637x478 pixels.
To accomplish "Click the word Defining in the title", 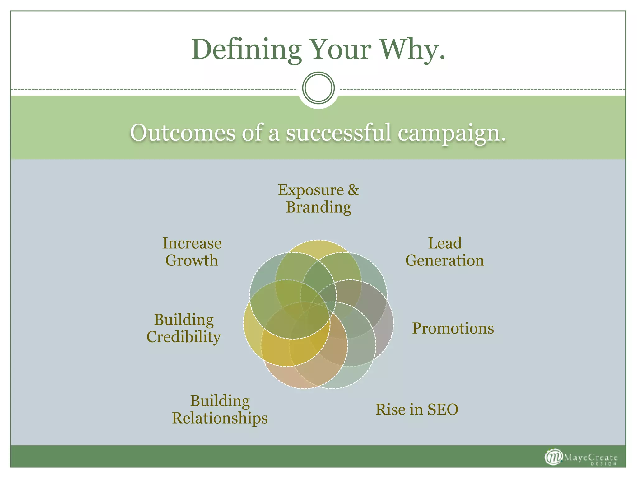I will coord(246,50).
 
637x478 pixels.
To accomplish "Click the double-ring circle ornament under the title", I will coord(318,88).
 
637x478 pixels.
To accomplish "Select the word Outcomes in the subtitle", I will coord(183,133).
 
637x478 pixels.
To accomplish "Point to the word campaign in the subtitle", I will coord(452,133).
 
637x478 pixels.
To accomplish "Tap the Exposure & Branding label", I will coord(318,199).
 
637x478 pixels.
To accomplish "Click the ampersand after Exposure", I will coord(353,190).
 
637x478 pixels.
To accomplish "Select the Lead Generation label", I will coord(444,252).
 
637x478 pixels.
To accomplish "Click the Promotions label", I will coord(453,328).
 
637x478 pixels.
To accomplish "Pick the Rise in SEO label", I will coord(417,409).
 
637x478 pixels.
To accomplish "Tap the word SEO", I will coord(443,409).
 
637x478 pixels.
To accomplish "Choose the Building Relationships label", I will coord(220,409).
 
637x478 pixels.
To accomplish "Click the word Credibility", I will coord(184,337).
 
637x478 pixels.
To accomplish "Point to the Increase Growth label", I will coord(192,252).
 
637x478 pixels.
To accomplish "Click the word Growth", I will coord(192,260).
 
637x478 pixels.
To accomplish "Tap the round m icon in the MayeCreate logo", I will coord(553,457).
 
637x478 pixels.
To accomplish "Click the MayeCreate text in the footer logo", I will coord(590,457).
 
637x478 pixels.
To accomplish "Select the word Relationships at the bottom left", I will coord(220,418).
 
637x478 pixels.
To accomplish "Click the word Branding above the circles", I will coord(318,207).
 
